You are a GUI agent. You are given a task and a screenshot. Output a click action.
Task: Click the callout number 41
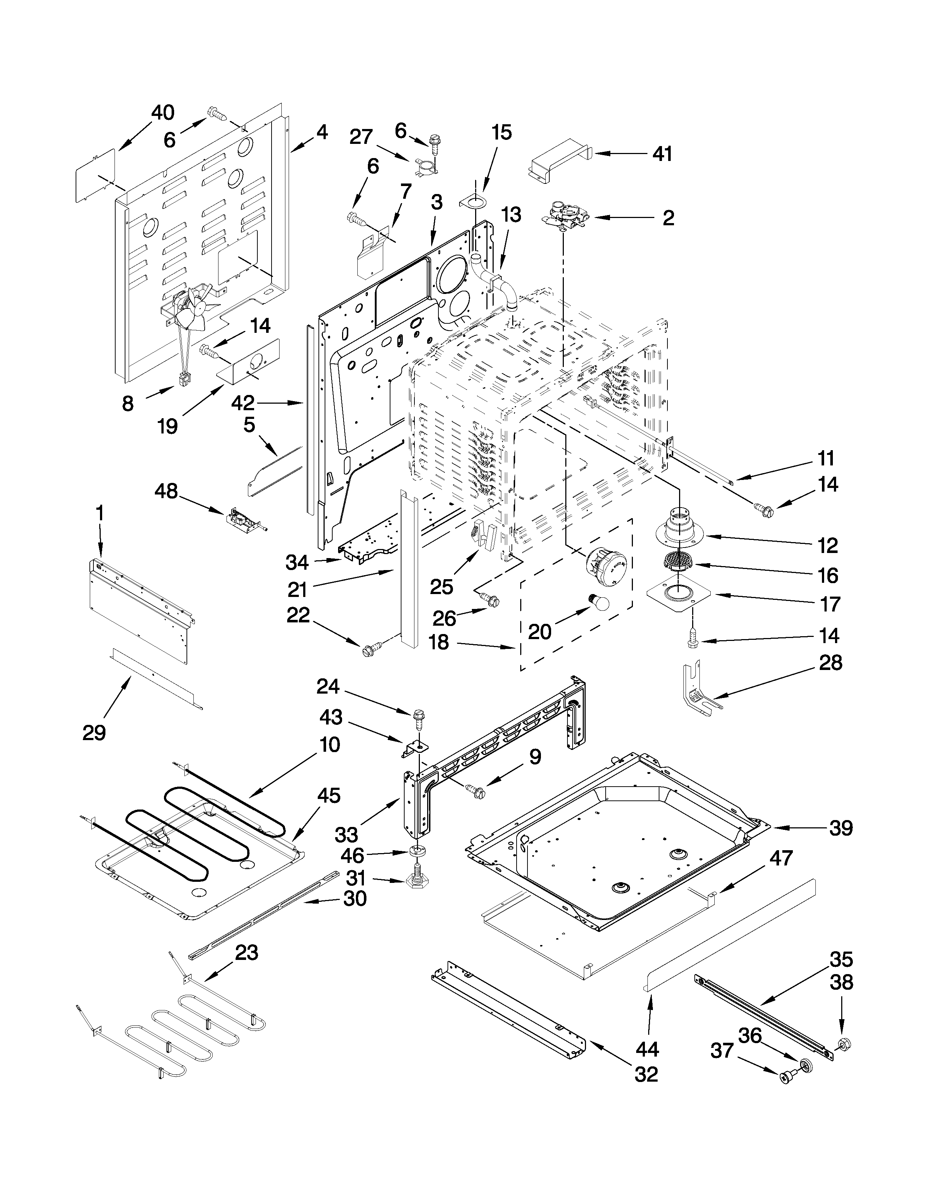662,154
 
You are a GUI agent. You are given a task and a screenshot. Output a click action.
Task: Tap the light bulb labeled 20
599,603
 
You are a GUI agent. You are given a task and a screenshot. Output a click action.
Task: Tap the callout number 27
361,137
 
